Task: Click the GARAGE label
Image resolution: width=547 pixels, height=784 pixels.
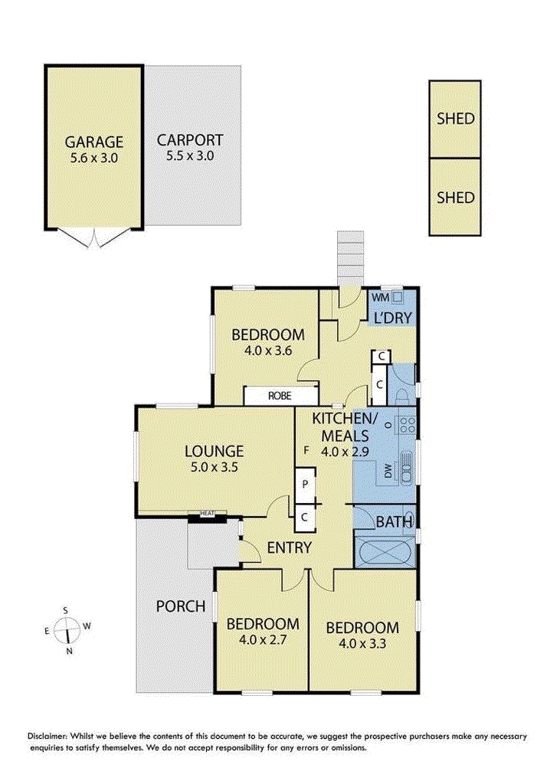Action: [x=93, y=142]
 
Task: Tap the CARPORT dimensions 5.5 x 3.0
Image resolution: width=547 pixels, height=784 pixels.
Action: [x=190, y=155]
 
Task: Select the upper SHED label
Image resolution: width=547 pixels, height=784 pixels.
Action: [x=455, y=119]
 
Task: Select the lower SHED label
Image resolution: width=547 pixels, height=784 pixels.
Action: [x=455, y=197]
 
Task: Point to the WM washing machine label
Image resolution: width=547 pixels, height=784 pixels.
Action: [x=379, y=297]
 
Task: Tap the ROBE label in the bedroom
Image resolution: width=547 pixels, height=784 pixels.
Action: [x=279, y=396]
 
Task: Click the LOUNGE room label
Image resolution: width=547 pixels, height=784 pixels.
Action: [x=213, y=451]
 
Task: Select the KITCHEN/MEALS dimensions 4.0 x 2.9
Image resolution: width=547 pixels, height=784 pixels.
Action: [x=344, y=451]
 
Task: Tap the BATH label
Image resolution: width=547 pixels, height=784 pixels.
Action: [x=394, y=522]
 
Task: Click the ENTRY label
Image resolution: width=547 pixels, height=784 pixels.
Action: [x=289, y=547]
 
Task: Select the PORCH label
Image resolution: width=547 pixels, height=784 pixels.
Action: [x=181, y=606]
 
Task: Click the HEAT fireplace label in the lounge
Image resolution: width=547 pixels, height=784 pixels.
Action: [x=207, y=514]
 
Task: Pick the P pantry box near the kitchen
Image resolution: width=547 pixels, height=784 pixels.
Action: [x=304, y=484]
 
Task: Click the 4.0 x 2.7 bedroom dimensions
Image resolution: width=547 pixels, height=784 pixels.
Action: [x=262, y=638]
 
